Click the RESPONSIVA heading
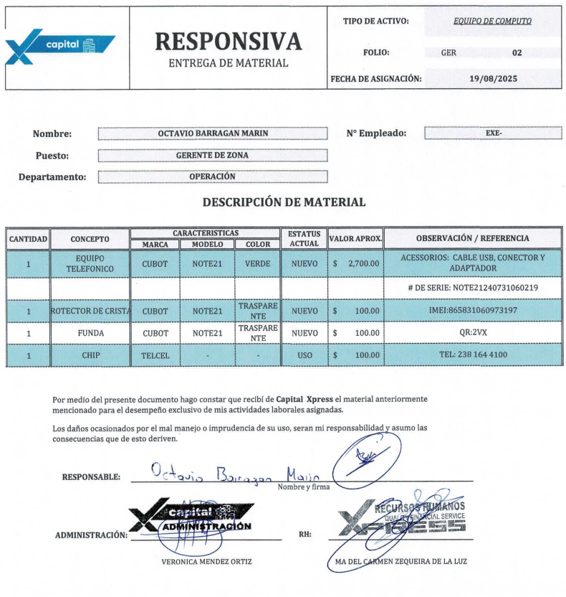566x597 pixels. (228, 42)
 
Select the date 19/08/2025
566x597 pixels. (493, 78)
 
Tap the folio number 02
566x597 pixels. (517, 52)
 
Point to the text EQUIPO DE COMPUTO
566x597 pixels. (492, 21)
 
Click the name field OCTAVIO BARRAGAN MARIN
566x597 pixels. (212, 133)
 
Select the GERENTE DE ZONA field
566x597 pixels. (212, 155)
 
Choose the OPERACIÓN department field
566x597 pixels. (212, 177)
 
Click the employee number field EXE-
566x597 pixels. (493, 133)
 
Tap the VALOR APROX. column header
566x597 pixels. (355, 238)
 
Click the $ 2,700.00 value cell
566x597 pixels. (356, 263)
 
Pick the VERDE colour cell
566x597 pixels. (257, 263)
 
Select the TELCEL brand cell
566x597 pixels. (155, 355)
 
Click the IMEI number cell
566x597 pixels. (472, 311)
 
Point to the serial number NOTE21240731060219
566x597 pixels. (472, 288)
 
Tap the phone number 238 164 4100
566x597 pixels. (472, 355)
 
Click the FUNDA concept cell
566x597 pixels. (90, 333)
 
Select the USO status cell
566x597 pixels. (304, 355)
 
